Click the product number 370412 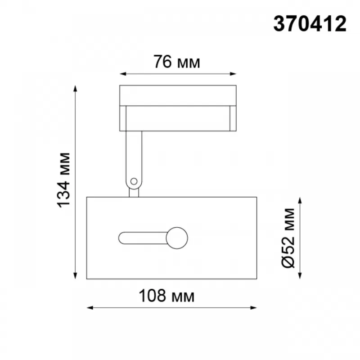click(x=310, y=24)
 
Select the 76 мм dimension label click(x=177, y=62)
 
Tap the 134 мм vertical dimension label click(x=63, y=180)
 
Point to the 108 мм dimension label click(x=166, y=296)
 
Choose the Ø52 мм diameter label click(x=288, y=238)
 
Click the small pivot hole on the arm click(x=134, y=181)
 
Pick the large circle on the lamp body click(x=177, y=238)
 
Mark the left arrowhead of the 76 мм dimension click(x=123, y=74)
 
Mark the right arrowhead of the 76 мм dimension click(x=233, y=74)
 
